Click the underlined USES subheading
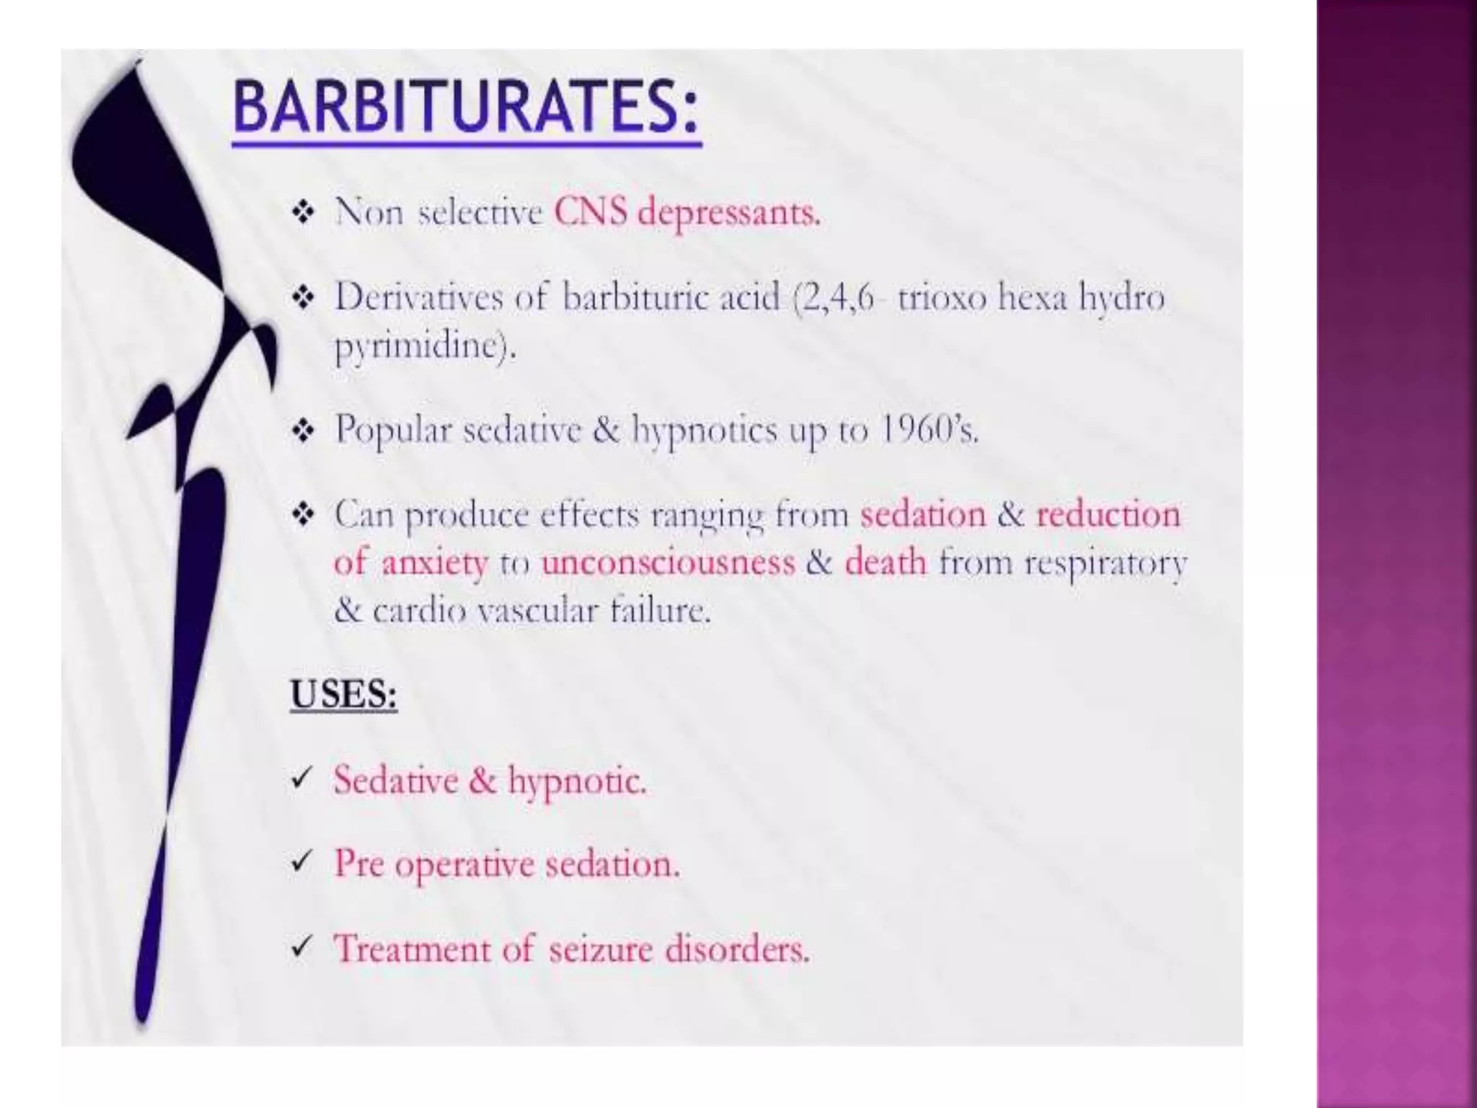tap(343, 695)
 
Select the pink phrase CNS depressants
tap(687, 213)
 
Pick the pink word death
tap(886, 562)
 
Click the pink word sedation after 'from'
tap(923, 515)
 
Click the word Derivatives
tap(418, 298)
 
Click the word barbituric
tap(635, 298)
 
